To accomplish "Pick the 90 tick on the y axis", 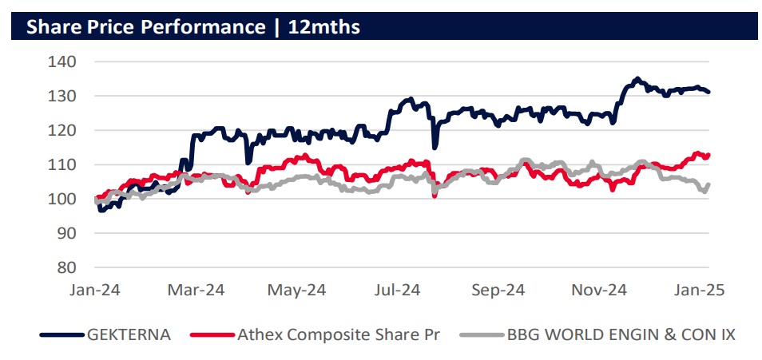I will pyautogui.click(x=65, y=233).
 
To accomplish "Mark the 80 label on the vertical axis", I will pyautogui.click(x=65, y=267).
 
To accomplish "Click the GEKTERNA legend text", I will pyautogui.click(x=129, y=335).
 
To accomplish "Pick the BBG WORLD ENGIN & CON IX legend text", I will pyautogui.click(x=620, y=335).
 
